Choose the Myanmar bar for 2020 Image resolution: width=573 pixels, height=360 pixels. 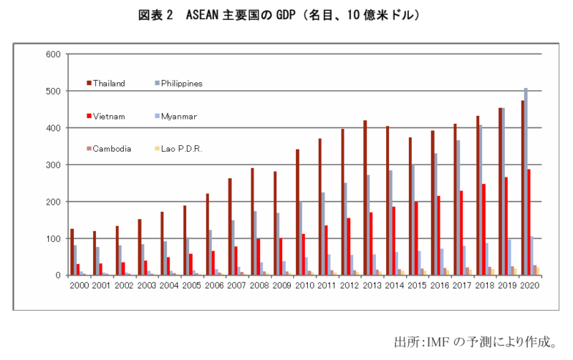532,256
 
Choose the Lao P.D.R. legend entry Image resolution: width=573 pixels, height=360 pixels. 181,149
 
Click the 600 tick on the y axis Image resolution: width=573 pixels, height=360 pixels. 52,54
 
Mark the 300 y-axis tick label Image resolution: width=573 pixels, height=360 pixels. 52,165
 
